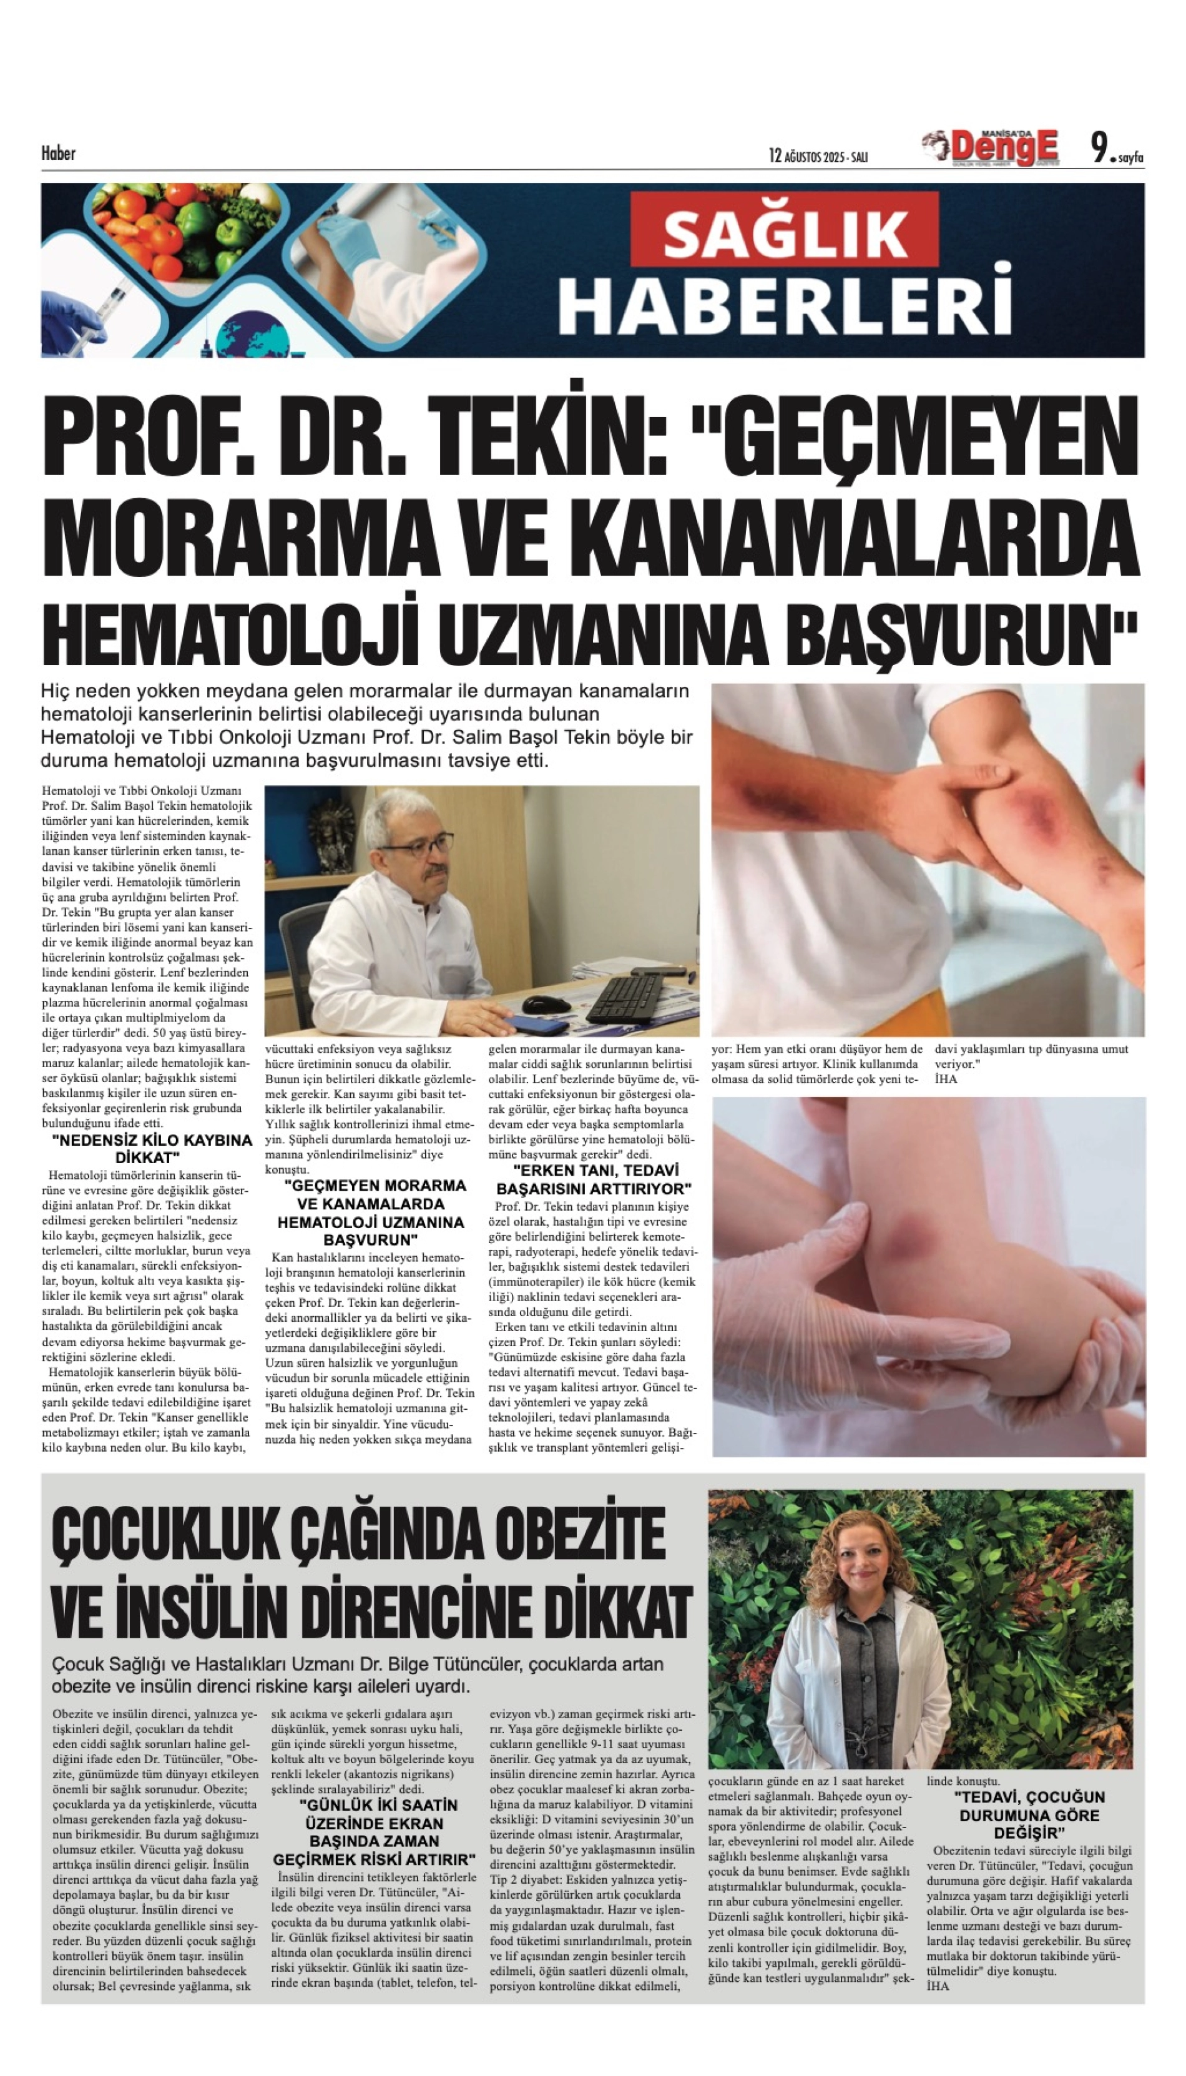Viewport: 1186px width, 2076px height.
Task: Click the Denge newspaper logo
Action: click(x=1002, y=147)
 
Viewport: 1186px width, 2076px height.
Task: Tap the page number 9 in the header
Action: click(x=1100, y=149)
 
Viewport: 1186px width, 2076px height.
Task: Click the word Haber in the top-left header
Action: click(x=59, y=153)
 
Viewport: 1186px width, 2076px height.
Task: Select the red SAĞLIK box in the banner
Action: click(x=785, y=232)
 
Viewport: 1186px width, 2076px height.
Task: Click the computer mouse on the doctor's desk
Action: click(x=546, y=1004)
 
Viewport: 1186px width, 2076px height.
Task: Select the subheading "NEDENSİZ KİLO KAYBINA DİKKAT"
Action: click(x=152, y=1149)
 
